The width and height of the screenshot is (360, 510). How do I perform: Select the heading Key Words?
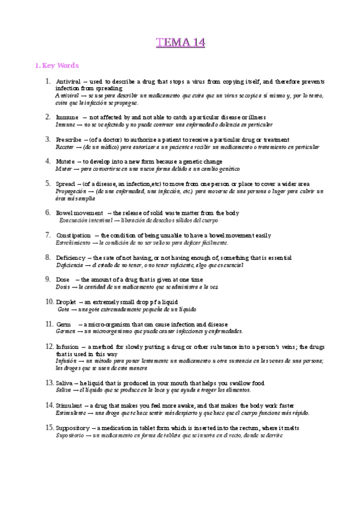[x=59, y=65]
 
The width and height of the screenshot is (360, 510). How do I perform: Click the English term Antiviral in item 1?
[x=70, y=81]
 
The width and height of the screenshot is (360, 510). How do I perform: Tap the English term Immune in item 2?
[x=66, y=117]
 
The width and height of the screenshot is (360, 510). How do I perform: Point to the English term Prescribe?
[x=70, y=139]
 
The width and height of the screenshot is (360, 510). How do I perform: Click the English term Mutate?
[x=67, y=161]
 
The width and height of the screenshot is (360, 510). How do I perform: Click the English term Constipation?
[x=73, y=235]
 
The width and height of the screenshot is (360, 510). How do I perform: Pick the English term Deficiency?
[x=72, y=257]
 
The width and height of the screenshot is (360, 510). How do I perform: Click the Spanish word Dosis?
[x=63, y=287]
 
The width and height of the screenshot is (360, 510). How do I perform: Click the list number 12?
[x=49, y=346]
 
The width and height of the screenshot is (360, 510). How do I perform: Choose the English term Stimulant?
[x=71, y=405]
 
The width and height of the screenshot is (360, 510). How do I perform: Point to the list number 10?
[x=49, y=301]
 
